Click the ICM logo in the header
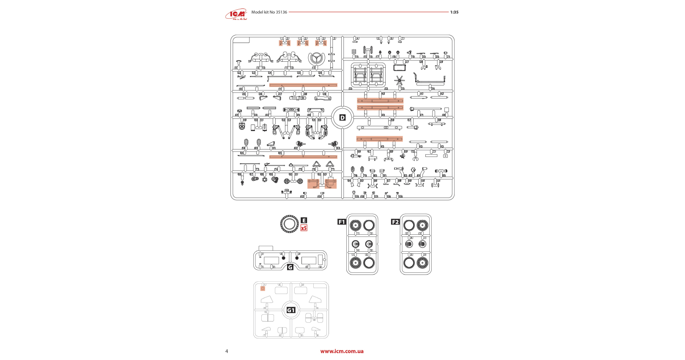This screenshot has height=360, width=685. [236, 15]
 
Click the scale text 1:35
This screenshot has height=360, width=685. [454, 12]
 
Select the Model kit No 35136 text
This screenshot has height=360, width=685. [269, 12]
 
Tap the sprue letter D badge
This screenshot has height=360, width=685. [342, 118]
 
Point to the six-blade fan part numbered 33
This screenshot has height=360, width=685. [399, 80]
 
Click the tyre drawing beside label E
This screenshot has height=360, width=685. [289, 224]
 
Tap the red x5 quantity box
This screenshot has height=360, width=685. [304, 228]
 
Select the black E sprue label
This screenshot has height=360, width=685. [304, 220]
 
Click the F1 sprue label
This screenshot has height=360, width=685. [342, 222]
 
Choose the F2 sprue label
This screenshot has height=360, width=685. [395, 222]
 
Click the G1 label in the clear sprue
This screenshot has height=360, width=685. [291, 310]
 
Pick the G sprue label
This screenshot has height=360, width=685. [290, 267]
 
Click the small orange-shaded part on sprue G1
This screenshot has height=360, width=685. [263, 289]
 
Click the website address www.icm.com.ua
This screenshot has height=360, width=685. [342, 351]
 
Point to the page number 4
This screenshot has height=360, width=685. [227, 351]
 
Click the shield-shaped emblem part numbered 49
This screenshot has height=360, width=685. [242, 126]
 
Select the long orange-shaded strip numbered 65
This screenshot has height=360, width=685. [303, 157]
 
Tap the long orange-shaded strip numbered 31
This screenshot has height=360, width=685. [303, 85]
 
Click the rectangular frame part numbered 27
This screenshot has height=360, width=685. [399, 68]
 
